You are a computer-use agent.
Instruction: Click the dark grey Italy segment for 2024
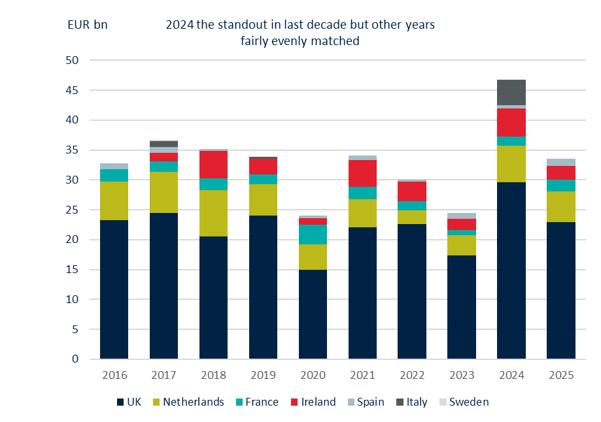pos(511,92)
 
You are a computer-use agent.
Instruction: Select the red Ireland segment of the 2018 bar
pos(213,165)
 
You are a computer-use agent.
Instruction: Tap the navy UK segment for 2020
pos(313,314)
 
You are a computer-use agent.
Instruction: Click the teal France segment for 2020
pos(313,234)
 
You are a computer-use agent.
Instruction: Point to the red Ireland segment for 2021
pos(362,173)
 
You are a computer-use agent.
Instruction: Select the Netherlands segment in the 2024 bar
pos(511,164)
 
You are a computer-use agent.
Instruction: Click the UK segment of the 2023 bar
pos(462,307)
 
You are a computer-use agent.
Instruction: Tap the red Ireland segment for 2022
pos(412,191)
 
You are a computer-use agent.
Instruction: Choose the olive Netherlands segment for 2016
pos(114,201)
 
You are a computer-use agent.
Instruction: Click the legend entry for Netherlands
pos(192,402)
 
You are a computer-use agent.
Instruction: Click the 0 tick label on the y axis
pos(75,359)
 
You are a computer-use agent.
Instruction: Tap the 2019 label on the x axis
pos(263,376)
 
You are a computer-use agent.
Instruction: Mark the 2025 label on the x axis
pos(560,376)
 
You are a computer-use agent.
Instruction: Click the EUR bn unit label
pos(88,25)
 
